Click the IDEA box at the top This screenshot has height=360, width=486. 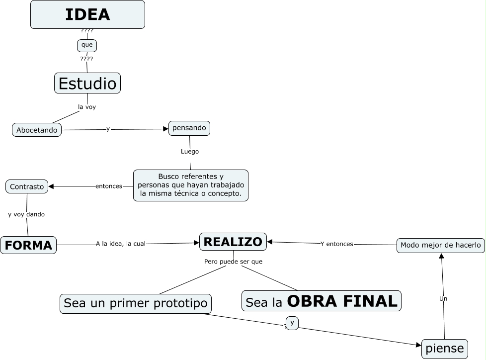pyautogui.click(x=87, y=14)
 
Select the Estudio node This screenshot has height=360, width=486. pyautogui.click(x=87, y=83)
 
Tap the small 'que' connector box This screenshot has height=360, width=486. pyautogui.click(x=87, y=45)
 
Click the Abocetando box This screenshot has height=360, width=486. pyautogui.click(x=37, y=130)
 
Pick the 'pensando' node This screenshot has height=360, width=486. pyautogui.click(x=189, y=128)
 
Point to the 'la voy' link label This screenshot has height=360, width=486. pyautogui.click(x=87, y=106)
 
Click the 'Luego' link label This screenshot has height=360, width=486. pyautogui.click(x=190, y=151)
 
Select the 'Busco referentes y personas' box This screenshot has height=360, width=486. pyautogui.click(x=191, y=185)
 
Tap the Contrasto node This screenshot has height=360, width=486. pyautogui.click(x=27, y=186)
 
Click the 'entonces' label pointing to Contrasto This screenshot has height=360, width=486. pyautogui.click(x=109, y=186)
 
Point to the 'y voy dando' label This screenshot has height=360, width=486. pyautogui.click(x=26, y=214)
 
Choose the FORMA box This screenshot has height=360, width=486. pyautogui.click(x=28, y=245)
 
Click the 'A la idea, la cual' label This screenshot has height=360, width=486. pyautogui.click(x=121, y=244)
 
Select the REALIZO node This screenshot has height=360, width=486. pyautogui.click(x=233, y=242)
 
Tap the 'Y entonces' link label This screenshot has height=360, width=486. pyautogui.click(x=337, y=244)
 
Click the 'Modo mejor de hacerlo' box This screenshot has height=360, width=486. pyautogui.click(x=441, y=245)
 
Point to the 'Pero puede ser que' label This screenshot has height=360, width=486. pyautogui.click(x=233, y=261)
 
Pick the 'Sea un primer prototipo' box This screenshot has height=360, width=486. pyautogui.click(x=136, y=303)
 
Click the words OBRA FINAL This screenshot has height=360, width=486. pyautogui.click(x=343, y=301)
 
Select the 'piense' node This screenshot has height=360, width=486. pyautogui.click(x=445, y=349)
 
